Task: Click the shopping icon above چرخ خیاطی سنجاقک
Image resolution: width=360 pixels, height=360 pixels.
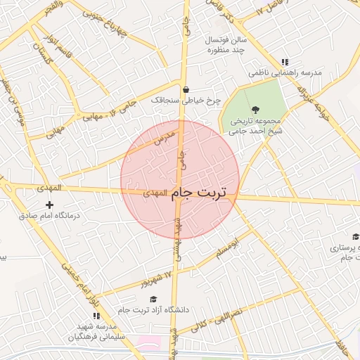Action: [x=186, y=90]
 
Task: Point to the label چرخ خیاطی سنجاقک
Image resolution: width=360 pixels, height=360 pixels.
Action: [x=186, y=101]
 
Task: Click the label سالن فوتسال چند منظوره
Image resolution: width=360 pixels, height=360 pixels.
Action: [x=224, y=45]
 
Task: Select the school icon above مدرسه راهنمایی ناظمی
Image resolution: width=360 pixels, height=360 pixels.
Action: [x=284, y=62]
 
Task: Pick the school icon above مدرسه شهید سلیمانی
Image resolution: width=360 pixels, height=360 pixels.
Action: [x=96, y=316]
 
